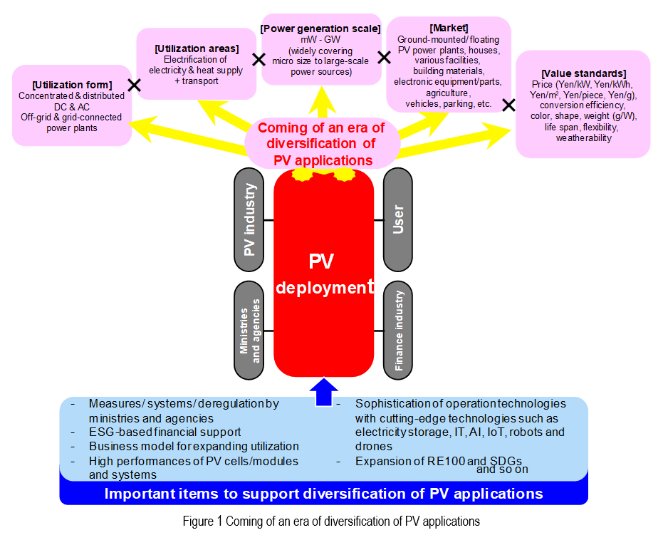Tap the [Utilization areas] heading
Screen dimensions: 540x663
pos(197,48)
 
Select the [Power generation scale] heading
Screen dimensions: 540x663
pos(320,29)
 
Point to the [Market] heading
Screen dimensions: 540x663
pos(448,28)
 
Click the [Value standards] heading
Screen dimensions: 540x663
pos(583,73)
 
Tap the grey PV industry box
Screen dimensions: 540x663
pos(249,220)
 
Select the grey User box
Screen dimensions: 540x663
pos(398,220)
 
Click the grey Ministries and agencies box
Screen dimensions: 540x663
pos(249,330)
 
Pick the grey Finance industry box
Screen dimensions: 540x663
pos(398,330)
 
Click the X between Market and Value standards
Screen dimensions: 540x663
pos(508,105)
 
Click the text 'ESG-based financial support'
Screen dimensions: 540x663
pos(165,432)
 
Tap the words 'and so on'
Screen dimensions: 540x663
pos(502,469)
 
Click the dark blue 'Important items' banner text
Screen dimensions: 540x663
pos(323,494)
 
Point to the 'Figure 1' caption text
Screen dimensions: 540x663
pos(331,521)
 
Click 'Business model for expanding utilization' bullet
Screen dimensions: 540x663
pos(194,446)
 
